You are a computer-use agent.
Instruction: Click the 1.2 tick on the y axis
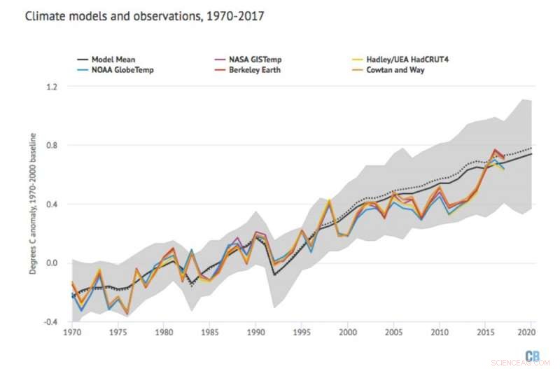click(52, 87)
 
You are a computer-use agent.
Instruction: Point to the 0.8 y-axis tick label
click(52, 146)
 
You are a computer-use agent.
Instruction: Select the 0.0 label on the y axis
click(52, 263)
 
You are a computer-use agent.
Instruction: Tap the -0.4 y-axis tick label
click(51, 322)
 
